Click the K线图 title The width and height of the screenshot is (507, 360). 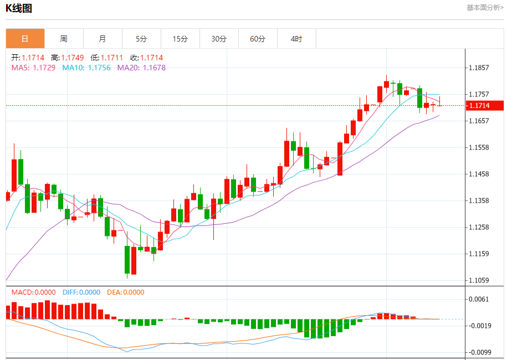19,8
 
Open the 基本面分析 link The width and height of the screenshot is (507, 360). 485,8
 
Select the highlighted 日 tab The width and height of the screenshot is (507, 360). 25,39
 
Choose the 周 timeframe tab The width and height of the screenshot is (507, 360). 64,39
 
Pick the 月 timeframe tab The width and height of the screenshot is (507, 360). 103,39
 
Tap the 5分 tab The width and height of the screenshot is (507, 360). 141,39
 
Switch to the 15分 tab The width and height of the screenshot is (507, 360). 180,39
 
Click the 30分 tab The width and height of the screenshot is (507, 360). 219,39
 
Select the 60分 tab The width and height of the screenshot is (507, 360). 258,39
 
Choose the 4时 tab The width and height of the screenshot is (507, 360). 296,39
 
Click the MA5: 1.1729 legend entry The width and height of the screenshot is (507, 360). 33,68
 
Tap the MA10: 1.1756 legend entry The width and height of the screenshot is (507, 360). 86,68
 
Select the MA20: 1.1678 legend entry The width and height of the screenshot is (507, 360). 141,68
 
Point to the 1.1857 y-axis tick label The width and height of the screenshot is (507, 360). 478,68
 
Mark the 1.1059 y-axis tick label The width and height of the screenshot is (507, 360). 478,280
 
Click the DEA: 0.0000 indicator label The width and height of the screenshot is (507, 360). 125,292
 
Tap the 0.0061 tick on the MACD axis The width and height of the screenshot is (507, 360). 478,300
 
